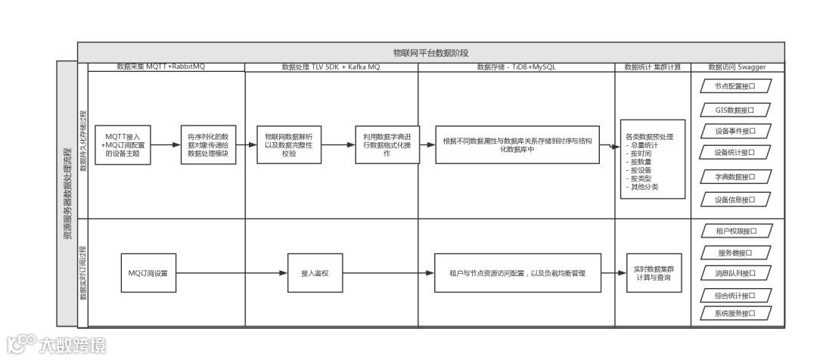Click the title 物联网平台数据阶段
click(x=430, y=53)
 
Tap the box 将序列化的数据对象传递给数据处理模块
click(x=208, y=144)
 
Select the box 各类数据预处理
click(x=652, y=160)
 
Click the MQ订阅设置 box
click(x=148, y=272)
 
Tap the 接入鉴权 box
click(x=315, y=272)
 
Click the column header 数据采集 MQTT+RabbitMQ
click(x=160, y=67)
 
